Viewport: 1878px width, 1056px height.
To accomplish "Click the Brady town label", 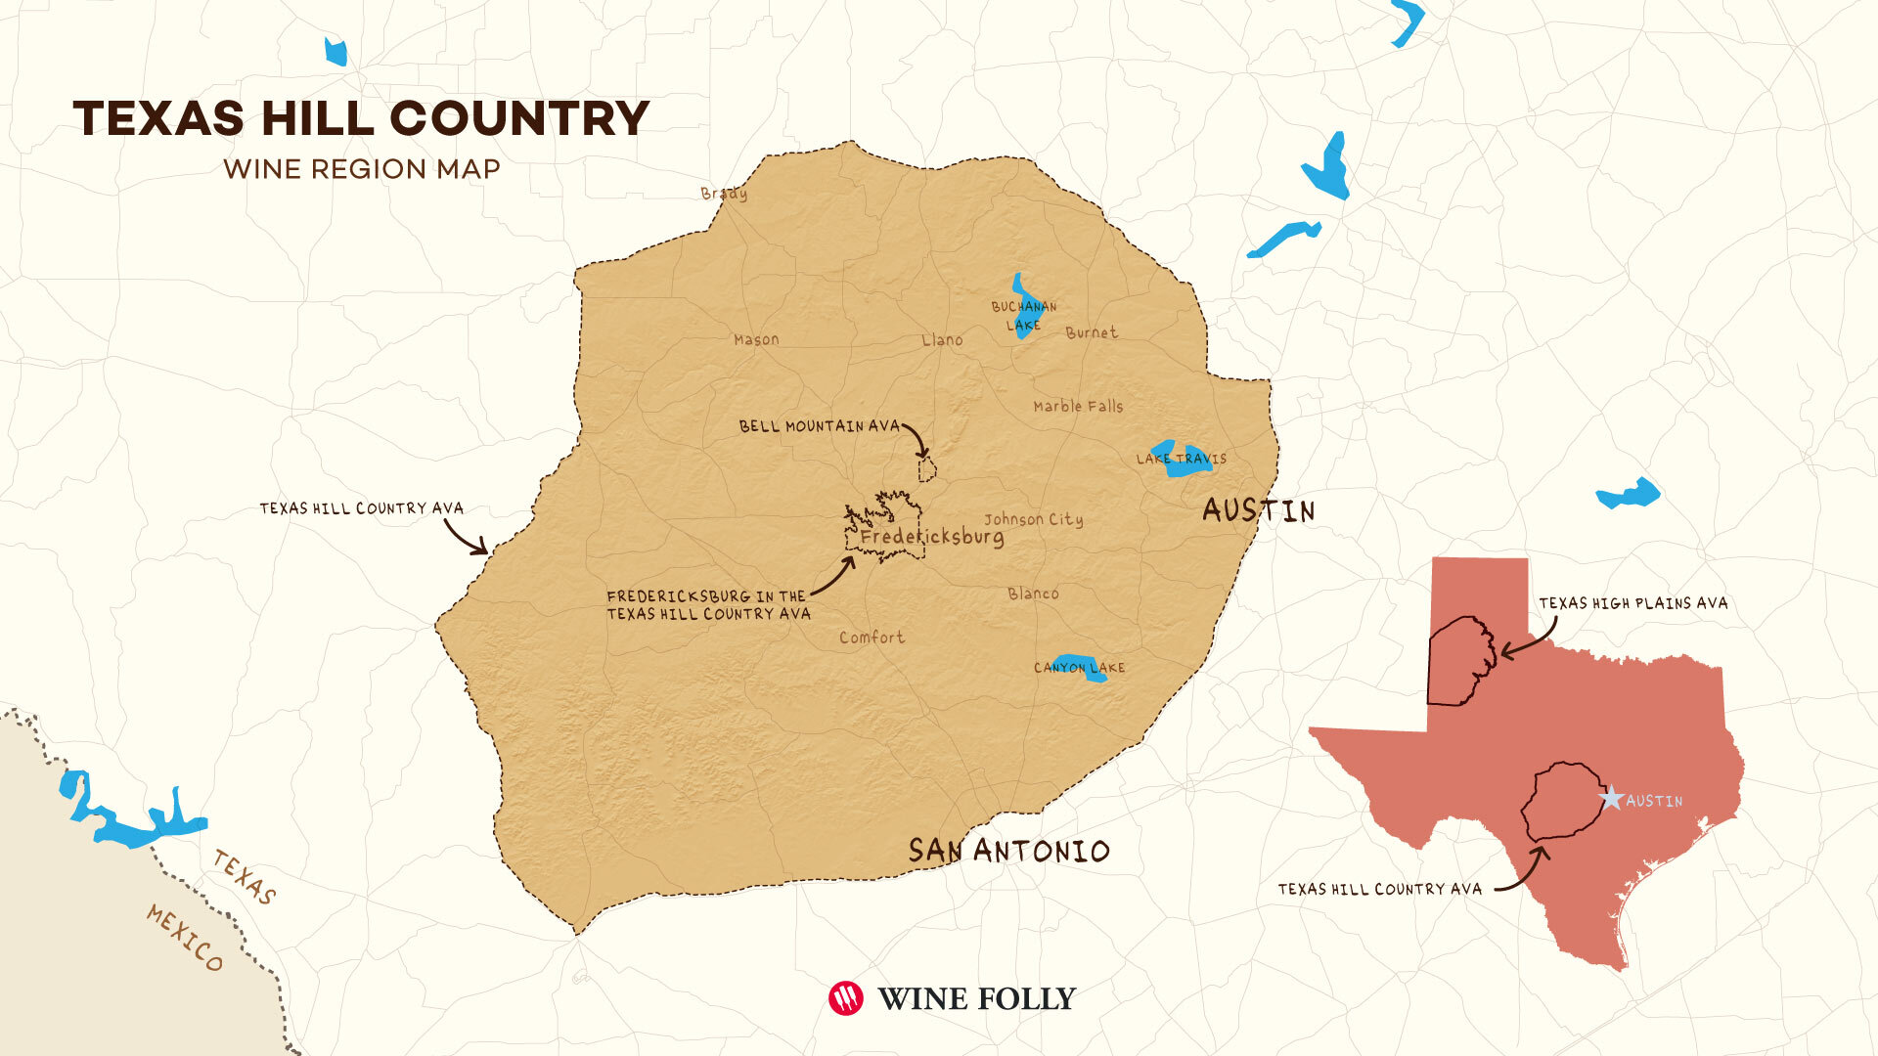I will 724,193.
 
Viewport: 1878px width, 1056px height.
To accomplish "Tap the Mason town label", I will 756,339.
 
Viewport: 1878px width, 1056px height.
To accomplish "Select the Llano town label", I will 942,339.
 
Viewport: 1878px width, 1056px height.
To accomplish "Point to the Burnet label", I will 1091,332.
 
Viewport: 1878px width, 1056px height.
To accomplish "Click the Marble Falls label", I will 1078,406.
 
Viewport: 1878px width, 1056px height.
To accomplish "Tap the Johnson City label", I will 1033,519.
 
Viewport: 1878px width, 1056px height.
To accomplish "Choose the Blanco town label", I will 1033,594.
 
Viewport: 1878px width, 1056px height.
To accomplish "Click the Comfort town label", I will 872,638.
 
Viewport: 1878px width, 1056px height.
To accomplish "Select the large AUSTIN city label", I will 1258,510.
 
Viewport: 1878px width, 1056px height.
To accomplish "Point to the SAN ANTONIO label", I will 1008,851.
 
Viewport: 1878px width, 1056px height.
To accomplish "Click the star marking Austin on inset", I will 1610,799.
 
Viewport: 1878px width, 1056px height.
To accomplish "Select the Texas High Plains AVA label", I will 1632,603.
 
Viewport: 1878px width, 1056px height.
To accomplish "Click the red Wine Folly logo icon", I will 845,998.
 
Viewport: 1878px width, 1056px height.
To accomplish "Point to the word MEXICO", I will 185,937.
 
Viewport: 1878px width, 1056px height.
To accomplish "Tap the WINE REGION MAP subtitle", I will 361,169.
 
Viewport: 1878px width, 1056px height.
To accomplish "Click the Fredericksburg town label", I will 931,537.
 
